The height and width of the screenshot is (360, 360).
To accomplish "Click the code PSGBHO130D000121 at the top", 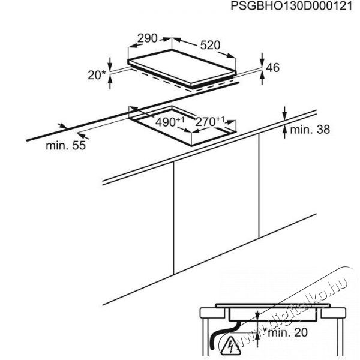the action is pos(292,6).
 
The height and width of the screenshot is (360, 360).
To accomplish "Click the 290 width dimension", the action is pos(147,38).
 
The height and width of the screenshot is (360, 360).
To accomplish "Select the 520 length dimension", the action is pos(210,45).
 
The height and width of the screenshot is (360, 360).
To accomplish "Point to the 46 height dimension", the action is pos(272,67).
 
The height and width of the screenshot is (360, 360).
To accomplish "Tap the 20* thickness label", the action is pos(97,75).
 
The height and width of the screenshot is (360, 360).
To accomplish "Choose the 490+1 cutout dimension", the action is pos(170,122).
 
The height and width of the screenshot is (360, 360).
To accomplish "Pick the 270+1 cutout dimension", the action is pos(209,121).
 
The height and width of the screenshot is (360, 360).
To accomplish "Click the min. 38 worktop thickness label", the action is pos(310,130).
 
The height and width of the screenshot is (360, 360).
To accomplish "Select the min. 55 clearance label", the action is pos(65,145).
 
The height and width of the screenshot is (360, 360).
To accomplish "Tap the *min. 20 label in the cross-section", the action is pos(286,332).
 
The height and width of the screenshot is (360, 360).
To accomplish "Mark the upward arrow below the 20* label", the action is pos(110,82).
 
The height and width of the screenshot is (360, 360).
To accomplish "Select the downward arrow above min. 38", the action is pos(284,113).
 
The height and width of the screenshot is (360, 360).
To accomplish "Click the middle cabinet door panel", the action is pos(216,205).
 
